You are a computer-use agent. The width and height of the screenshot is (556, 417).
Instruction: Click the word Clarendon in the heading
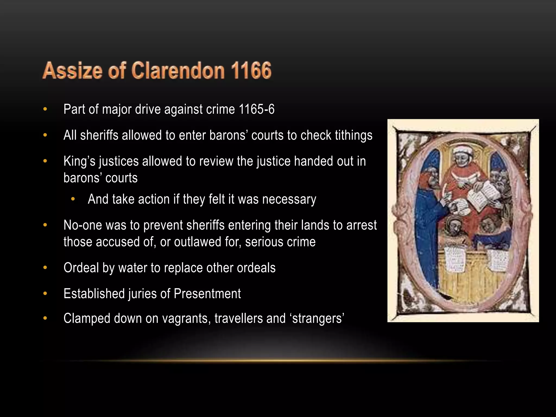pos(178,70)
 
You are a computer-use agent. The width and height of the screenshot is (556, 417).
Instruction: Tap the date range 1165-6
pos(257,109)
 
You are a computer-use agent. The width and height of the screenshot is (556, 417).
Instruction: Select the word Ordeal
pos(81,268)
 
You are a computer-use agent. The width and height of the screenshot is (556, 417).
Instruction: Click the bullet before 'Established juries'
pos(45,294)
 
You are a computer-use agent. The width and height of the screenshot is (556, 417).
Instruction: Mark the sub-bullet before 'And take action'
pos(72,199)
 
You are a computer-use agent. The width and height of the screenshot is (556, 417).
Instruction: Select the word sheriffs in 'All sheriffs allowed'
pos(99,135)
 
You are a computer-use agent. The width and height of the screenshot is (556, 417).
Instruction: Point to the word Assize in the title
pos(72,70)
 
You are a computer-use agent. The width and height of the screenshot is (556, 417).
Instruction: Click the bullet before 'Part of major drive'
pos(45,109)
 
